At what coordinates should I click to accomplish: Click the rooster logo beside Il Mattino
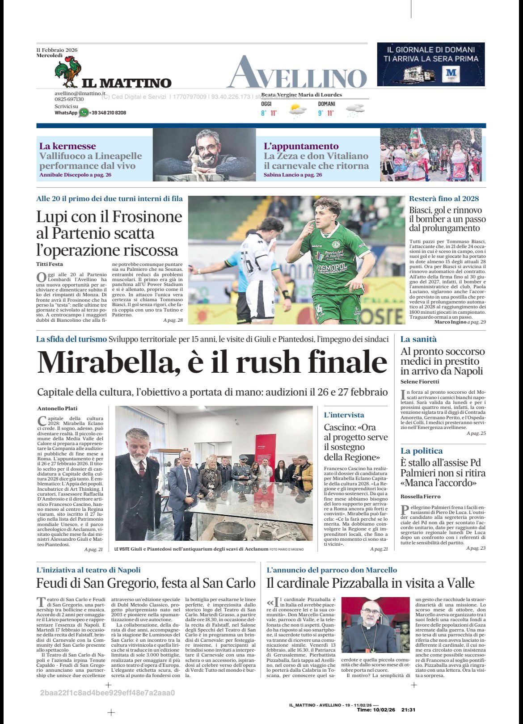click(67, 74)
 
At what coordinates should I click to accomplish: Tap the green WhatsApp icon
click(84, 113)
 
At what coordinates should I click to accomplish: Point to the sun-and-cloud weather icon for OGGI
click(297, 110)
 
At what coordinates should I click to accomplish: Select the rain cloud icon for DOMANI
click(355, 110)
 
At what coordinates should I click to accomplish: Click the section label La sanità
click(418, 339)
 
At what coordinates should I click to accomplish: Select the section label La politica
click(421, 450)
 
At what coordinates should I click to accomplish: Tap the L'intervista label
click(344, 415)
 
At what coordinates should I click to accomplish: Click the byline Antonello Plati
click(57, 408)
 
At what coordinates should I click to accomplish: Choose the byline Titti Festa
click(50, 264)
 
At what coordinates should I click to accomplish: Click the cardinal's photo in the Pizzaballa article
click(375, 627)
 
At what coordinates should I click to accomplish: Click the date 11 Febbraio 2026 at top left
click(57, 50)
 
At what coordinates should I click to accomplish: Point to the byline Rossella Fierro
click(420, 496)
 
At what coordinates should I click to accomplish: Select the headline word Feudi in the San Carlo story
click(51, 583)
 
